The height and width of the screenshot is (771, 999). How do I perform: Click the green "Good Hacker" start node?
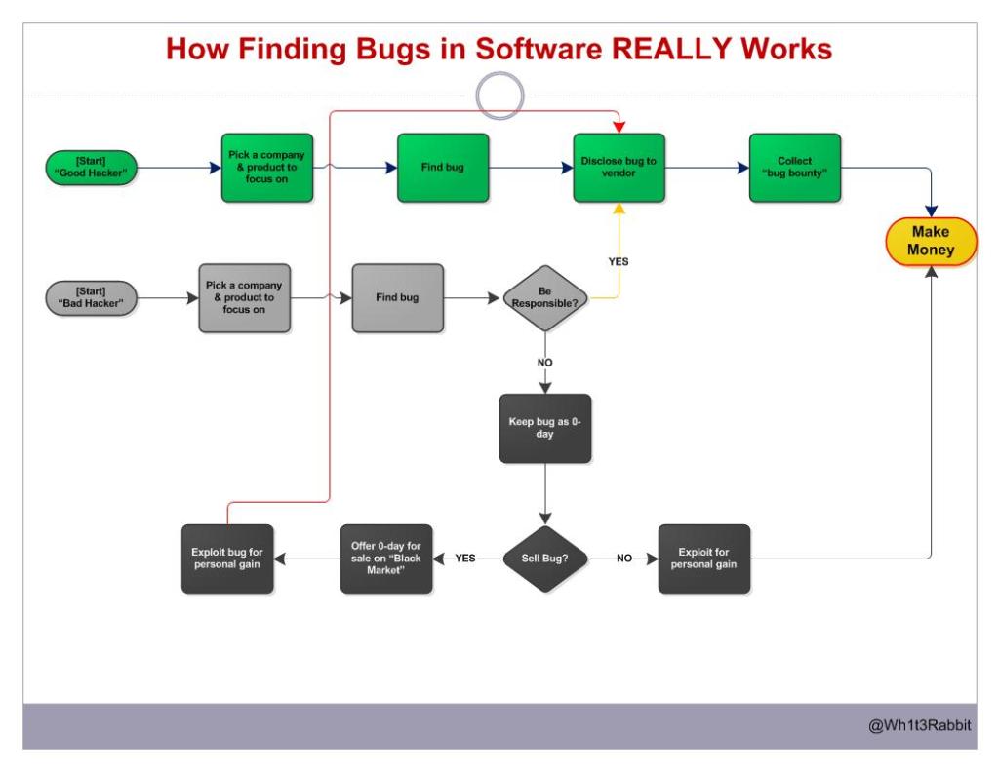93,167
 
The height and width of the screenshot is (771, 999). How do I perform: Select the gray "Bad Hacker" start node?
93,296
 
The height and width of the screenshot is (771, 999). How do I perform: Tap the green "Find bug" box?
442,167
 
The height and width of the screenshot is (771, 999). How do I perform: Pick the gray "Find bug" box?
397,297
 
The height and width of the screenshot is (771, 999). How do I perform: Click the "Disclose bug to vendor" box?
619,167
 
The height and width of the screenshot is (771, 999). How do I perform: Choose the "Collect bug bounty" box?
794,167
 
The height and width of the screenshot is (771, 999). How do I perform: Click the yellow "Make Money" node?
931,242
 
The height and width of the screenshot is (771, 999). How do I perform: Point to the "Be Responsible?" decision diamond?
545,297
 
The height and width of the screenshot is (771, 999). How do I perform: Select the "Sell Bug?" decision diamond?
545,559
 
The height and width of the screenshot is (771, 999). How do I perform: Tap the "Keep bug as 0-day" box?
545,428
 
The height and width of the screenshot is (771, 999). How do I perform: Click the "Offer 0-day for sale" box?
385,559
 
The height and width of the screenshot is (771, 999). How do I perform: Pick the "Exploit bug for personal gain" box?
227,559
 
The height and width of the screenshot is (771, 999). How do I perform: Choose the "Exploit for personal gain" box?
703,559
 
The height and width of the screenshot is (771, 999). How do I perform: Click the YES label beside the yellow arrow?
619,262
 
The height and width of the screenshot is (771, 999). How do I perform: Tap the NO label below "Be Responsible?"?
545,362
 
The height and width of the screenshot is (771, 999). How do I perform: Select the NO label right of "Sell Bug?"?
624,559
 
